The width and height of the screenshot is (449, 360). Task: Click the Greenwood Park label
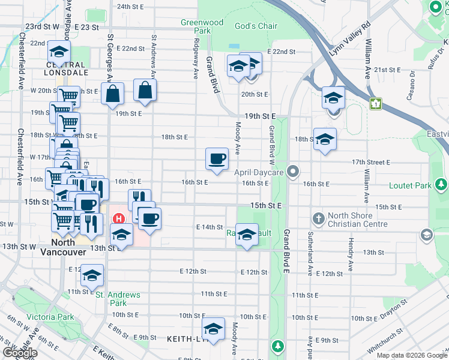pos(202,26)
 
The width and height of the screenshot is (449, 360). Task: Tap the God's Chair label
pos(256,26)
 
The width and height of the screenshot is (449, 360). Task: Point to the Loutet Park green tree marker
pos(441,183)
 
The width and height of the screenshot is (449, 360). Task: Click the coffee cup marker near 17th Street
pos(217,159)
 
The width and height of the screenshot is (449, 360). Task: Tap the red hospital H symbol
pos(119,218)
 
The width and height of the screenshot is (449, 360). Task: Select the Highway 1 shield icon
pos(376,104)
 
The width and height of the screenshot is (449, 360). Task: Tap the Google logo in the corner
pos(20,353)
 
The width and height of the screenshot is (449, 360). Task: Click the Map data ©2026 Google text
pos(411,355)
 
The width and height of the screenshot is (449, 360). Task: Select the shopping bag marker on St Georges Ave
pos(112,94)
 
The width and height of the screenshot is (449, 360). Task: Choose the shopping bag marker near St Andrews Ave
pos(145,90)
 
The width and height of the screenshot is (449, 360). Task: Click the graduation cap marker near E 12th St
pos(92,275)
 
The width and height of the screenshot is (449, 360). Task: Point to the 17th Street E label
pos(371,163)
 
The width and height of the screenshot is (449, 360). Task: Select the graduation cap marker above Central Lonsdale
pos(59,51)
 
